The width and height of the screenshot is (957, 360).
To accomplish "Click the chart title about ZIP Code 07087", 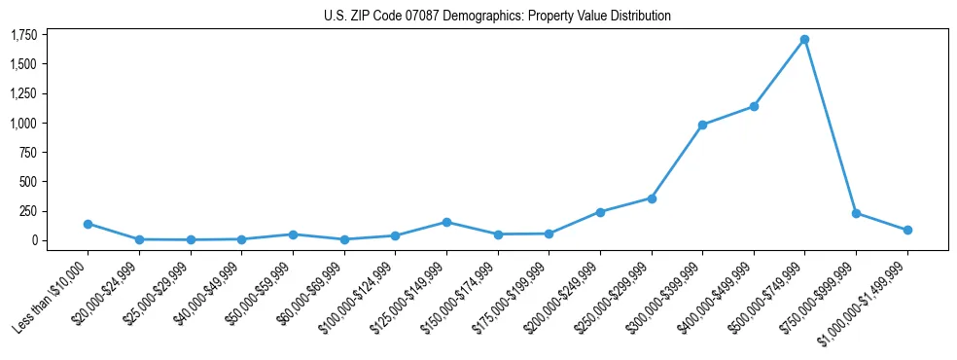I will coord(497,16).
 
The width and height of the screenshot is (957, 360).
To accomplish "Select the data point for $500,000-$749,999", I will coord(804,40).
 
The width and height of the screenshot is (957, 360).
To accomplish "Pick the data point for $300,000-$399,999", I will coord(702,125).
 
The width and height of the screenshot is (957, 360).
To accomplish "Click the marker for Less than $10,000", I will coord(88,224).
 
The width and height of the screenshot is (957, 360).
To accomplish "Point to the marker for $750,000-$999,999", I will coord(856,213).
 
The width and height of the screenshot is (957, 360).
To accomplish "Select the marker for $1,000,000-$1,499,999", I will coord(906,231).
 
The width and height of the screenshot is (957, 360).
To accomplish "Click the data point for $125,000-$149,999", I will coord(446,222).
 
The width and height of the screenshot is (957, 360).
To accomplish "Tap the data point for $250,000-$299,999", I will coord(651,198).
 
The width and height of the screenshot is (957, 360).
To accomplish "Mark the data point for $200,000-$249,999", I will coord(600,212).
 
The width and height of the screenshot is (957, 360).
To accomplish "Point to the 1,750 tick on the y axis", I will coord(23,35).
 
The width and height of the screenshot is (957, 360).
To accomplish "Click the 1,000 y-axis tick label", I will coord(23,124).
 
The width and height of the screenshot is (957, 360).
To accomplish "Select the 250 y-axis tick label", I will coord(28,211).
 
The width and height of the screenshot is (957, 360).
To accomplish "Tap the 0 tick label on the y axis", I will coord(33,240).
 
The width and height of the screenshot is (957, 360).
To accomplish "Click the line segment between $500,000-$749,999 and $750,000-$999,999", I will coord(830,126).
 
